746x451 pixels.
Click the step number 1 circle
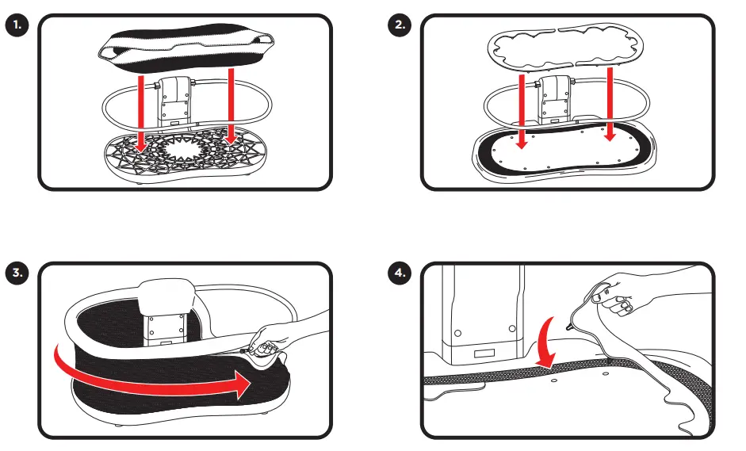point(17,25)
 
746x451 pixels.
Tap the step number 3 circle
point(17,273)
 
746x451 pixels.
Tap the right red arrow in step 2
point(610,103)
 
